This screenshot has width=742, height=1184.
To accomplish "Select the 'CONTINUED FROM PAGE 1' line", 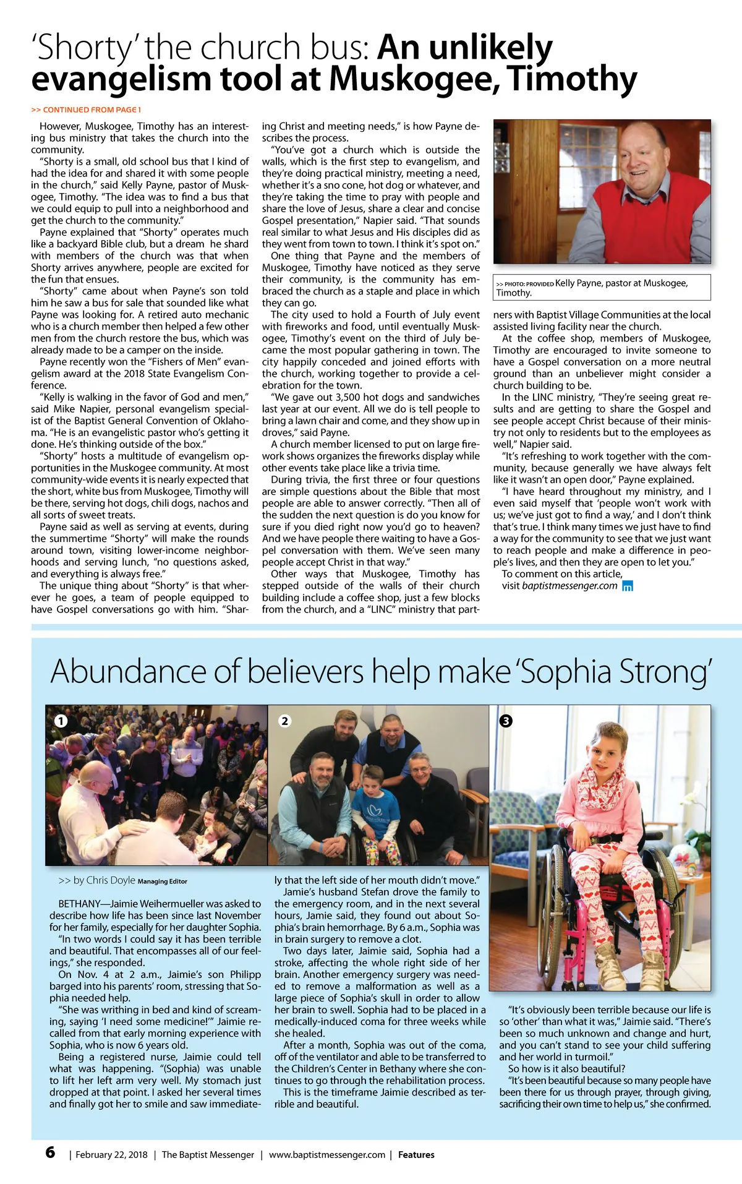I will point(86,110).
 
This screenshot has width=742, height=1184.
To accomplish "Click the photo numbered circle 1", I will point(61,721).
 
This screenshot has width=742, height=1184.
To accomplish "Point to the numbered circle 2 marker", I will point(284,721).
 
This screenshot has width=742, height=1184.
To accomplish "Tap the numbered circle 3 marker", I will point(506,721).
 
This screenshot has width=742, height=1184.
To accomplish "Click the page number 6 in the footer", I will point(50,1152).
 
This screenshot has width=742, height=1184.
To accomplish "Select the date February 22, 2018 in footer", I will point(111,1155).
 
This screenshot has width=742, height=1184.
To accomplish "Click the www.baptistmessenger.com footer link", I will point(327,1155).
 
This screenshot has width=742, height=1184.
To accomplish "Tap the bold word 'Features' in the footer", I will point(416,1155).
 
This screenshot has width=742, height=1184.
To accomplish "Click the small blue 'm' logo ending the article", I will point(627,586).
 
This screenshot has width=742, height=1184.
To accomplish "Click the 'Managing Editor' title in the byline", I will point(162,882).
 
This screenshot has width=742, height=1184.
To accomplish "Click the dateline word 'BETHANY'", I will point(79,904).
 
